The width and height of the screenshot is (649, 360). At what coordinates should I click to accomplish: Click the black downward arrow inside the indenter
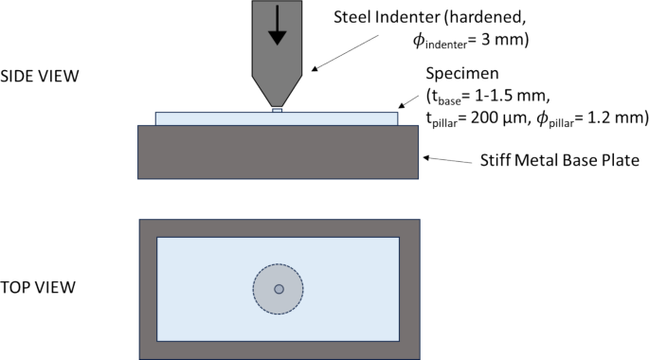(277, 26)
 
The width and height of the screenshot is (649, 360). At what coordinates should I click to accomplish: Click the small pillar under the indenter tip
(277, 110)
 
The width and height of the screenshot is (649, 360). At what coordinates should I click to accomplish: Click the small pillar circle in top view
(278, 289)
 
